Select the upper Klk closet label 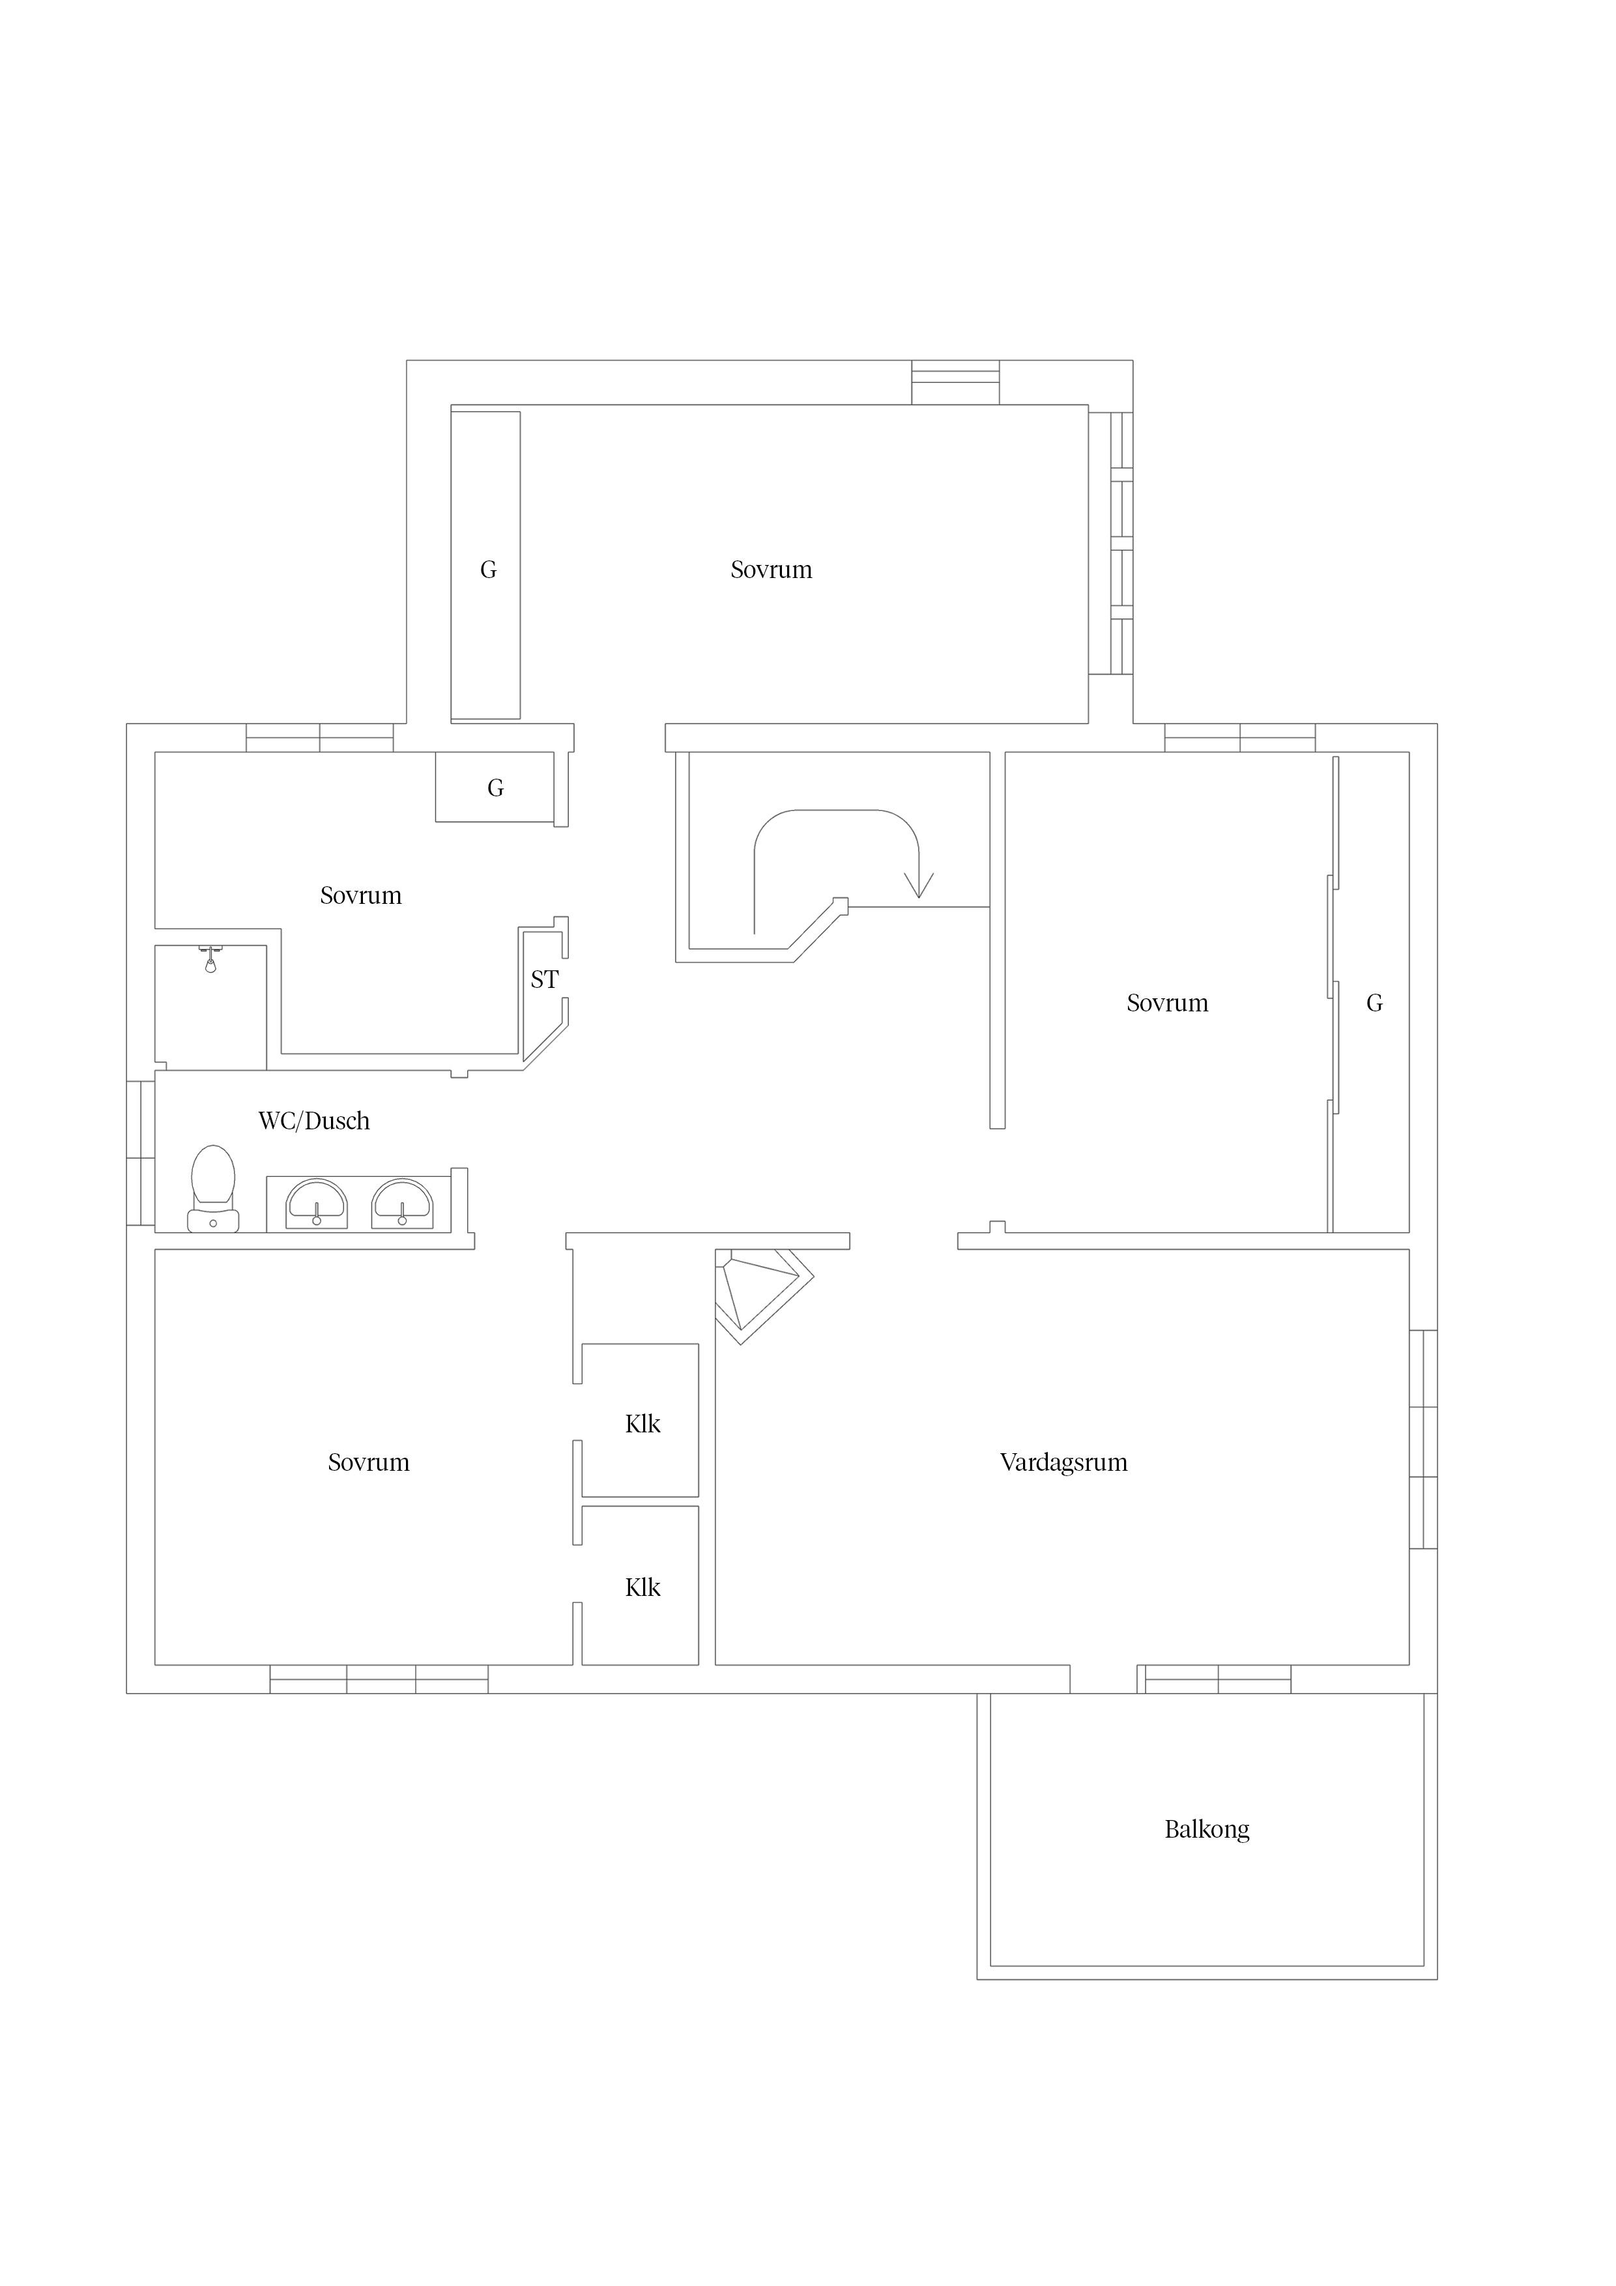pos(642,1425)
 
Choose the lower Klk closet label pos(642,1588)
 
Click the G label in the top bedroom pos(488,570)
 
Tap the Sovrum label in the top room pos(771,570)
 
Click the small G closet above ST pos(495,789)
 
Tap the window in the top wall pos(956,383)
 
